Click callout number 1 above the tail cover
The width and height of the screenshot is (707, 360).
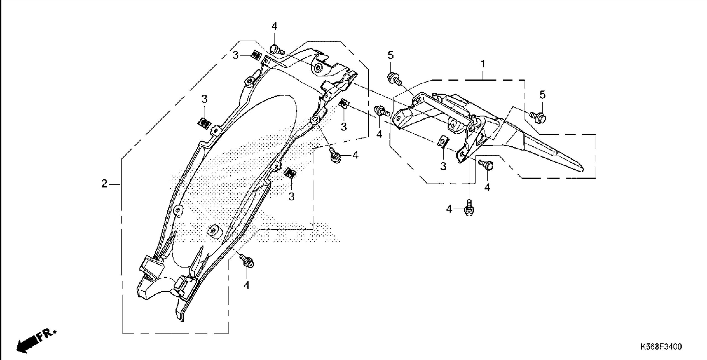pyautogui.click(x=483, y=64)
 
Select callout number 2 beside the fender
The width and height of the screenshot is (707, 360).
pyautogui.click(x=104, y=184)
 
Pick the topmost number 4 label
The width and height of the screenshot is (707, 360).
pyautogui.click(x=274, y=26)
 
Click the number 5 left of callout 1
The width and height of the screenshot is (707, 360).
pyautogui.click(x=391, y=55)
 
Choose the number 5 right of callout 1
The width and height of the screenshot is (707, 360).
pyautogui.click(x=542, y=95)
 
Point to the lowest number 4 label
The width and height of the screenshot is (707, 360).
pyautogui.click(x=246, y=285)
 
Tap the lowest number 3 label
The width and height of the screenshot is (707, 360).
pyautogui.click(x=291, y=197)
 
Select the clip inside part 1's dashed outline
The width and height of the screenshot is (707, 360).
pyautogui.click(x=443, y=142)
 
